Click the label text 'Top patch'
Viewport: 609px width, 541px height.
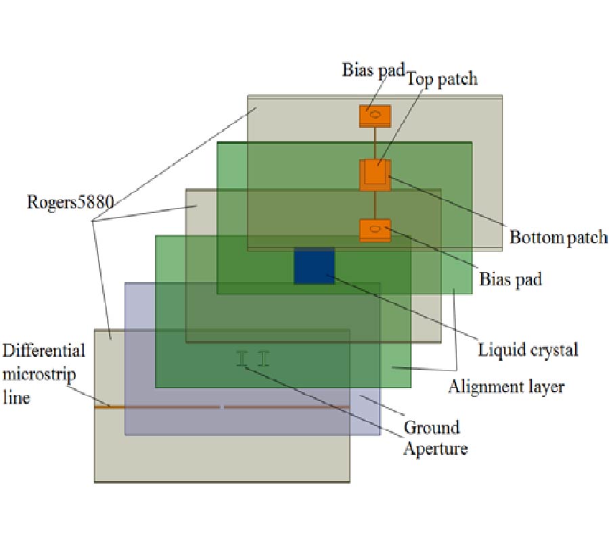point(442,79)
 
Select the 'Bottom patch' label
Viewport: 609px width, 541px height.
point(558,237)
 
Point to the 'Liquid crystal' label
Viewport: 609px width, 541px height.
point(528,350)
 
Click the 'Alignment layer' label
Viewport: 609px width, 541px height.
point(506,387)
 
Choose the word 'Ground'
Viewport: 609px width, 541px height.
point(432,427)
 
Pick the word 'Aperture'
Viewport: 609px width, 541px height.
point(435,448)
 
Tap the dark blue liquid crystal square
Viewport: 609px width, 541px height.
point(314,266)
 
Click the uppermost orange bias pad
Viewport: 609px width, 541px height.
point(375,116)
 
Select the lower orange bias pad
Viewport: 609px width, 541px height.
point(375,230)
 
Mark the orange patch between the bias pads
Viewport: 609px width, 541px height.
point(375,174)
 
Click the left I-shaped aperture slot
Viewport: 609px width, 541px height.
point(241,358)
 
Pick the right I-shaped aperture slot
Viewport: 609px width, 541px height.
point(263,358)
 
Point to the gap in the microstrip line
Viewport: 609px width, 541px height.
point(222,407)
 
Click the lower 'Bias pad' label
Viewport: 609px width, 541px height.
point(510,279)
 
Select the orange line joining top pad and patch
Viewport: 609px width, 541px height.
point(375,143)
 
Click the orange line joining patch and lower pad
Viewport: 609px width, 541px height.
point(375,205)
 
